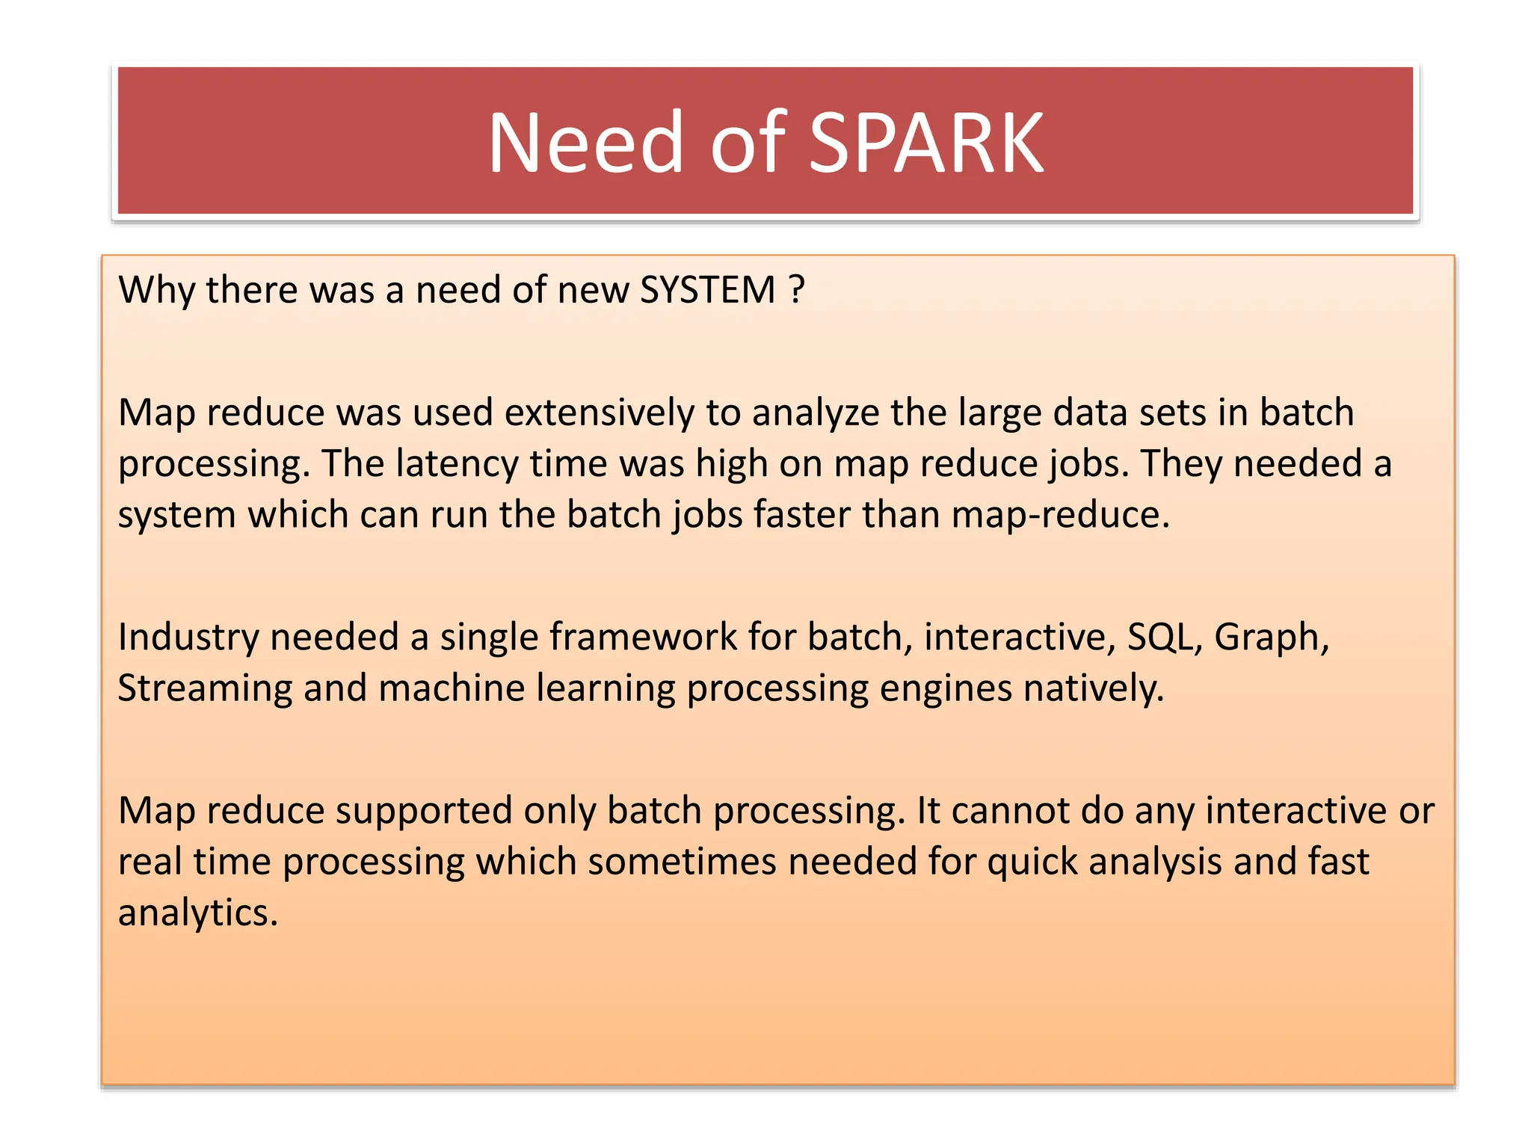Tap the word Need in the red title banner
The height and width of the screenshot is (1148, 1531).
click(x=585, y=143)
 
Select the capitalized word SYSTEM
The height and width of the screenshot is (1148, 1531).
click(x=708, y=290)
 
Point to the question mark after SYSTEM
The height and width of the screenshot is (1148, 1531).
click(x=797, y=290)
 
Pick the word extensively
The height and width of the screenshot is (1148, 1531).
click(x=599, y=413)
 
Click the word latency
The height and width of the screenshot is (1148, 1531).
click(x=457, y=463)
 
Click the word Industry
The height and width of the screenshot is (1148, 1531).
click(x=188, y=638)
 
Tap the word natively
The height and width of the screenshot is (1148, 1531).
click(x=1094, y=688)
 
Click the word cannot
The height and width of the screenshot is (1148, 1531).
click(x=1010, y=811)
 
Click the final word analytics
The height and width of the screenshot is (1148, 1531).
click(x=197, y=913)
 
